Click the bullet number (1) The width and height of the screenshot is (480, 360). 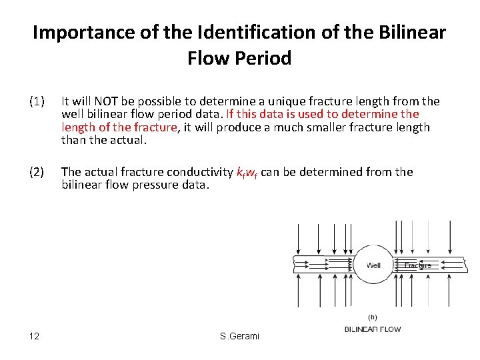[37, 101]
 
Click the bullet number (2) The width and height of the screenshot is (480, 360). [37, 172]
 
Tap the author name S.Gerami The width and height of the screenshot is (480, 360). [239, 336]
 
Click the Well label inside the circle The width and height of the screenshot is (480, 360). [373, 265]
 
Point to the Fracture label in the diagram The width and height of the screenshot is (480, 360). [418, 265]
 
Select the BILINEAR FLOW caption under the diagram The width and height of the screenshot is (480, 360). [373, 329]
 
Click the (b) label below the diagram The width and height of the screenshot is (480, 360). [373, 317]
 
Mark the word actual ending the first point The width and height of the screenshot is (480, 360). [130, 139]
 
